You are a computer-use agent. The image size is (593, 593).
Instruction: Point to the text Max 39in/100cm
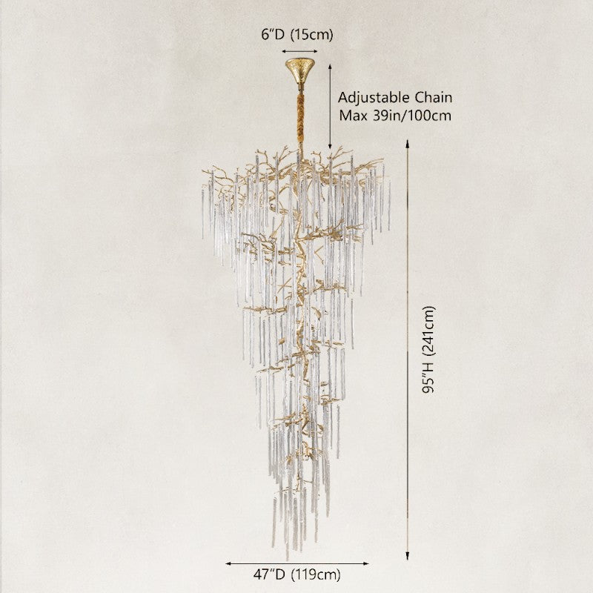395,116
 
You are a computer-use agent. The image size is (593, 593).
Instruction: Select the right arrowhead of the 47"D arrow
368,563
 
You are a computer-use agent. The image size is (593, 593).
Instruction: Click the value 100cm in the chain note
430,116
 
